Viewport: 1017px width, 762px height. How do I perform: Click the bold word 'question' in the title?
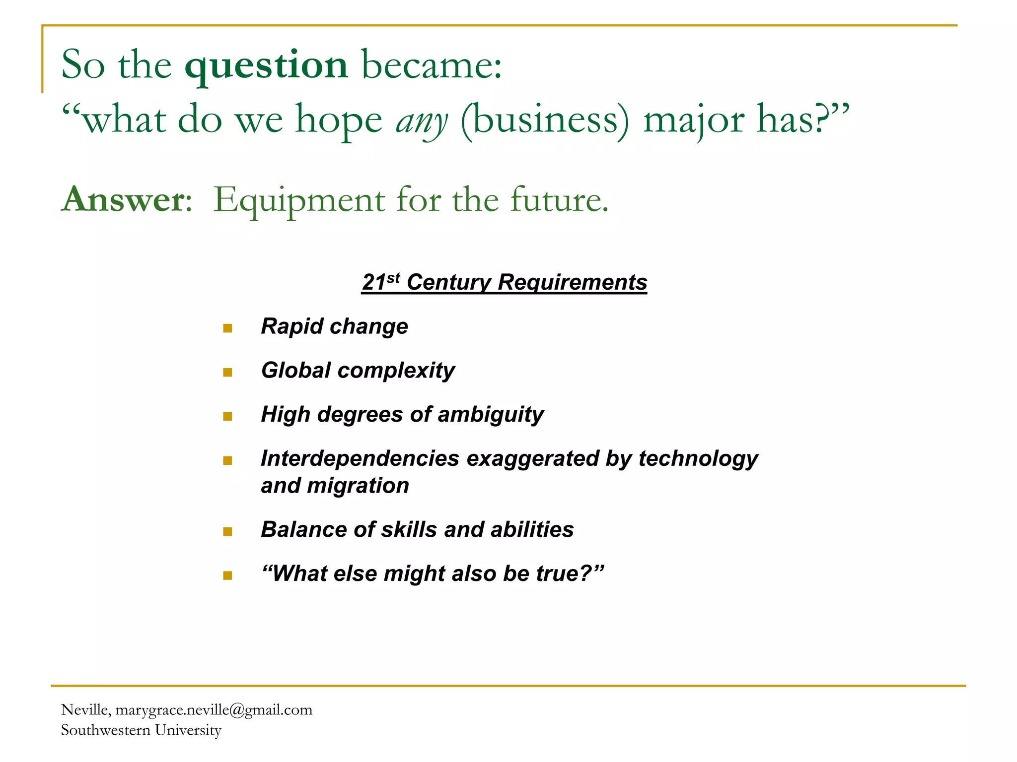point(266,66)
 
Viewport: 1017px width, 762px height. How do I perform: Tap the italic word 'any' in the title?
point(422,121)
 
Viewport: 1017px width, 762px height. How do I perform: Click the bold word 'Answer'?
point(124,199)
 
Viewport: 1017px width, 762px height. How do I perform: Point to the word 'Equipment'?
point(299,200)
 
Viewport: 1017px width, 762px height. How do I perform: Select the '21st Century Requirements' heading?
point(504,282)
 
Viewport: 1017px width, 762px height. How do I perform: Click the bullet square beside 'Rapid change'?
point(228,328)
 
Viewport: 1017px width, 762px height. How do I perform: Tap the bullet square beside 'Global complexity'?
point(228,372)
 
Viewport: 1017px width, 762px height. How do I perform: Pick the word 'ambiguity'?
point(491,415)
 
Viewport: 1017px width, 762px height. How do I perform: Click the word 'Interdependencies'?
point(360,458)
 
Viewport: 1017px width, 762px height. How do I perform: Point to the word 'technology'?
point(698,459)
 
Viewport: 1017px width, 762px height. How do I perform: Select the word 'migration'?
point(358,486)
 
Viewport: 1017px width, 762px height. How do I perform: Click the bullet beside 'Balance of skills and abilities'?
point(228,532)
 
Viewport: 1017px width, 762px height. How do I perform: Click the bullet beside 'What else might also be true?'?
point(228,575)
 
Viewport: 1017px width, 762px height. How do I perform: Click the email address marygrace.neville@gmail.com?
point(214,710)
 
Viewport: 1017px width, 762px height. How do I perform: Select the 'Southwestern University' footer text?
point(141,730)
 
